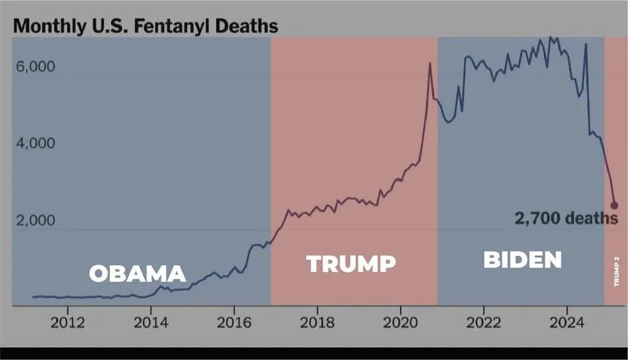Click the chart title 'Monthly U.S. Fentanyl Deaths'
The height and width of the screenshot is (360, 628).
pos(145,26)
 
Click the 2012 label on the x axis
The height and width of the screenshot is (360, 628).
pos(68,321)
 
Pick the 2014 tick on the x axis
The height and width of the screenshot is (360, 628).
pos(151,321)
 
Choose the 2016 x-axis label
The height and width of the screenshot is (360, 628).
pos(234,321)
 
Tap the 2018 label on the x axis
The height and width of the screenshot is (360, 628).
pos(317,321)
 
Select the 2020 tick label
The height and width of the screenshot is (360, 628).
pos(401,321)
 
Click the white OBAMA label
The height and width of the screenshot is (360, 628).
pos(137,273)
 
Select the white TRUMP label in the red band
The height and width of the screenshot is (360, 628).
pos(351,264)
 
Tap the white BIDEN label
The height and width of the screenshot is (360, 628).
pos(523,260)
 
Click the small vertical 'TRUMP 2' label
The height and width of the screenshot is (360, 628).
pos(616,271)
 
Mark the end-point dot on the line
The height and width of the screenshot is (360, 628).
pos(614,205)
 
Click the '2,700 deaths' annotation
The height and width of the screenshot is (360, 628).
pos(566,218)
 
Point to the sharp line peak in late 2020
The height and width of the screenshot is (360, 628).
pos(430,63)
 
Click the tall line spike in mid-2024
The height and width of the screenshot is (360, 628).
pos(585,45)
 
